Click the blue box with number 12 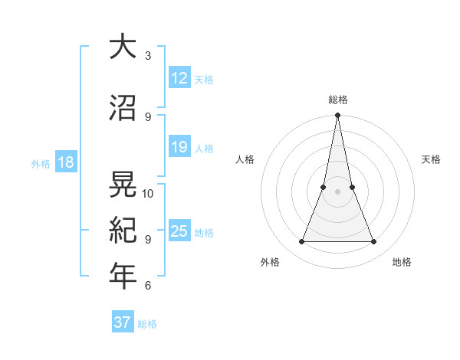tap(179, 78)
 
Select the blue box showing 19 tap(179, 147)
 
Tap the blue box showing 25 tap(179, 231)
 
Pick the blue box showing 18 tap(65, 162)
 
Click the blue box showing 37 tap(123, 322)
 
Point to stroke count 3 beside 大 tap(148, 56)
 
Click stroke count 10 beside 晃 tap(148, 194)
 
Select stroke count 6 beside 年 tap(148, 286)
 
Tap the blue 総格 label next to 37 tap(147, 324)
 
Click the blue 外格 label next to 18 tap(40, 163)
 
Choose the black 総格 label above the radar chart tap(338, 100)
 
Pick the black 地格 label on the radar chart tap(402, 262)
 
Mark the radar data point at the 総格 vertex tap(337, 116)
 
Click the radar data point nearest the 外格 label tap(301, 242)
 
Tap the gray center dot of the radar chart tap(337, 192)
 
